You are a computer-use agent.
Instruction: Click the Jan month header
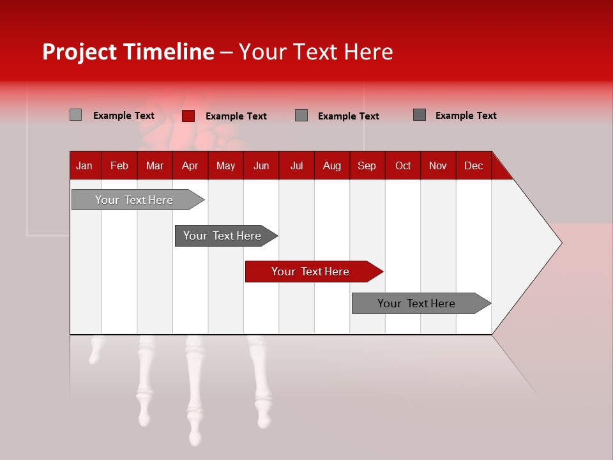(x=84, y=165)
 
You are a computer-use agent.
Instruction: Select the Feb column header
(x=119, y=165)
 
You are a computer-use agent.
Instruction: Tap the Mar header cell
(x=155, y=165)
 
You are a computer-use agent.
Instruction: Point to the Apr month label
(x=190, y=165)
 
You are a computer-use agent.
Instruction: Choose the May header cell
(x=225, y=165)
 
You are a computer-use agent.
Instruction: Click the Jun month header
(x=261, y=165)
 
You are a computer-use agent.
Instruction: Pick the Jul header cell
(x=296, y=165)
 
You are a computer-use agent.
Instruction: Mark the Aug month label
(x=332, y=165)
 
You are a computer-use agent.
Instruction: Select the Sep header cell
(x=367, y=165)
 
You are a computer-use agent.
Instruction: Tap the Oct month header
(x=403, y=165)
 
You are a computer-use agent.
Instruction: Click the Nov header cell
(x=438, y=165)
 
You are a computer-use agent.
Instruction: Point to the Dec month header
(x=473, y=165)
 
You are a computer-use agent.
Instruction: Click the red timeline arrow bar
(x=313, y=272)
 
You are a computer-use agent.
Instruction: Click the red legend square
(x=188, y=116)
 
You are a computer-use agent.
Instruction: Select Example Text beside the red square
(x=236, y=116)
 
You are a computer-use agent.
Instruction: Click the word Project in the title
(x=80, y=52)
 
